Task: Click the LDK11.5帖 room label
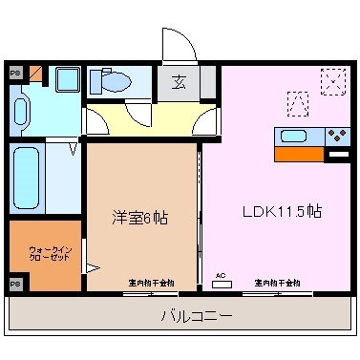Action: click(281, 212)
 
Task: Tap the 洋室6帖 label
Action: click(141, 217)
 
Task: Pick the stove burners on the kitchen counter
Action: click(336, 135)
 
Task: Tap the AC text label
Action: click(221, 276)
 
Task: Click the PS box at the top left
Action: click(14, 73)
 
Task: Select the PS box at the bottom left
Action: click(14, 284)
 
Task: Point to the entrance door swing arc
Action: click(178, 43)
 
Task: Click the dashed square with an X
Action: click(333, 79)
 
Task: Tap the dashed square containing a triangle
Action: click(297, 100)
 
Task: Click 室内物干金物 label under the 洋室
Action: click(151, 283)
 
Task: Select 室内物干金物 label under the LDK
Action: click(277, 283)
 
